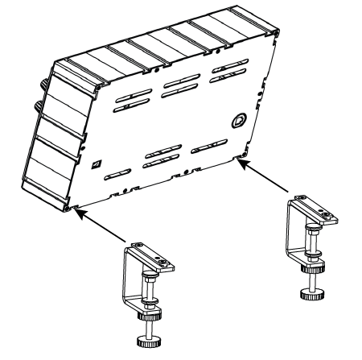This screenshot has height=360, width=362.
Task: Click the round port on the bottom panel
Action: [238, 121]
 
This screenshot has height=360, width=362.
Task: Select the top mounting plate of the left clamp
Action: [151, 255]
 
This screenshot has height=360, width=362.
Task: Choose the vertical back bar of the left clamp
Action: [127, 278]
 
